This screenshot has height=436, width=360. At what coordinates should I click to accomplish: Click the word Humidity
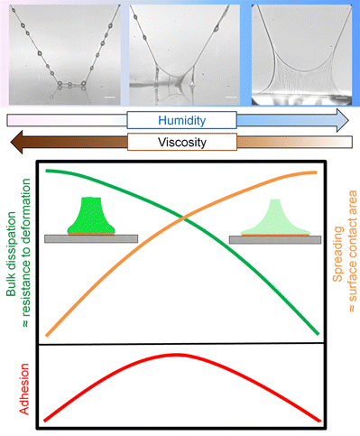(181, 120)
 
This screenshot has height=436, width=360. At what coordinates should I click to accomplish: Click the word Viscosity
(181, 143)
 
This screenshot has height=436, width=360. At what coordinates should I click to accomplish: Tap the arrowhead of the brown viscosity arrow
(16, 143)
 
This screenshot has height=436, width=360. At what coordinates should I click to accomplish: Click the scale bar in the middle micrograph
(230, 92)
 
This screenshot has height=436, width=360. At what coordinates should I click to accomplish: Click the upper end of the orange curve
(317, 172)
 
